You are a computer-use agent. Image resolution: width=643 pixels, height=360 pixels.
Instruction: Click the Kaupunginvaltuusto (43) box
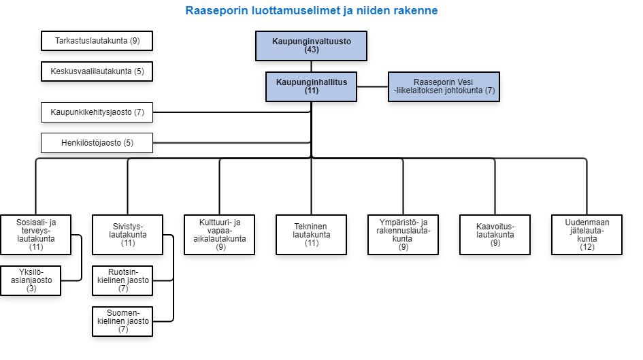[311, 46]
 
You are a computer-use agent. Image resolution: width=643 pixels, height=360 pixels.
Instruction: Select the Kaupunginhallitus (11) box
[311, 86]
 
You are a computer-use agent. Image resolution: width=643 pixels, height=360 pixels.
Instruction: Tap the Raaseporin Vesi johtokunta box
[444, 86]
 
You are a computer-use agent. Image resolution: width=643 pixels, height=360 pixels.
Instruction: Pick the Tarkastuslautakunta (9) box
[97, 41]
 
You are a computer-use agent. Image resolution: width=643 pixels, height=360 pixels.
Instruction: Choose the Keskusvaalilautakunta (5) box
[97, 71]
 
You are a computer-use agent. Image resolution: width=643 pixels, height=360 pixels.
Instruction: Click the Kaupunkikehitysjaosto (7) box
[97, 112]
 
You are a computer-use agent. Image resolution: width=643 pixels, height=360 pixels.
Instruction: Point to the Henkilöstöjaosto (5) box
[97, 143]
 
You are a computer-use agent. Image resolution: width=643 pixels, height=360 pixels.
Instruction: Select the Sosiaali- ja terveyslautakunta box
[35, 235]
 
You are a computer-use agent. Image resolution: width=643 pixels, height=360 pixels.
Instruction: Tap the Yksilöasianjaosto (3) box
[31, 280]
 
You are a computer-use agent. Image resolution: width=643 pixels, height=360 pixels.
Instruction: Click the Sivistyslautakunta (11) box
[127, 235]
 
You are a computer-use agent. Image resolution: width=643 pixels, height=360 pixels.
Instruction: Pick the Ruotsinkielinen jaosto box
[122, 280]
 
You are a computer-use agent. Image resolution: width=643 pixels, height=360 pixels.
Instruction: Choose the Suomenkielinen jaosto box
[122, 321]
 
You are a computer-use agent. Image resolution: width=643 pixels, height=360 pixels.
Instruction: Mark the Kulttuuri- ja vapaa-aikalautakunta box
[219, 235]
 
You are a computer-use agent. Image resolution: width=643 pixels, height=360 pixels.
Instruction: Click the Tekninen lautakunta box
[311, 235]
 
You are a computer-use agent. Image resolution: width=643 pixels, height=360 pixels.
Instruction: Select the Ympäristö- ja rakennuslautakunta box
[403, 235]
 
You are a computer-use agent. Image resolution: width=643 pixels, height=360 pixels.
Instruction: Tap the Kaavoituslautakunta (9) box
[495, 235]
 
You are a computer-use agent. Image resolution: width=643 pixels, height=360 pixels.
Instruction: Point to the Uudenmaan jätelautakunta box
[587, 235]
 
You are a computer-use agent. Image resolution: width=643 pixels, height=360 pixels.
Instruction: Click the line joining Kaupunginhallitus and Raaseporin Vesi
[372, 86]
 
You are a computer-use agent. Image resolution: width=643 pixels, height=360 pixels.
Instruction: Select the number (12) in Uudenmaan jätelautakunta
[587, 247]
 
